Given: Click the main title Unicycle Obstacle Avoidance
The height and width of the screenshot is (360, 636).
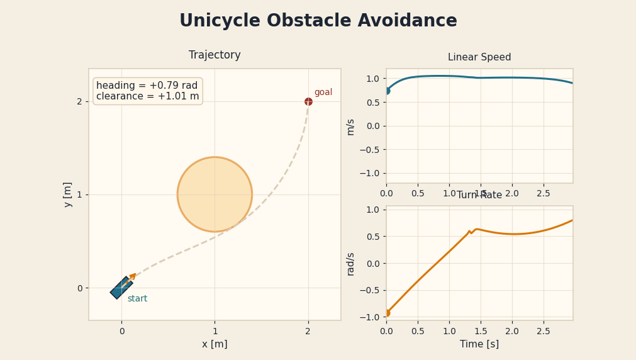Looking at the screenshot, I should point(318,21).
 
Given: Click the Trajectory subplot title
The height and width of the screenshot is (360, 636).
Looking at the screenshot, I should point(215,55).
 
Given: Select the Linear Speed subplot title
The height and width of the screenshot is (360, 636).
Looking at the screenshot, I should point(479,57).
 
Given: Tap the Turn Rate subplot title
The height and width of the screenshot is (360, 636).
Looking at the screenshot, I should point(479,195).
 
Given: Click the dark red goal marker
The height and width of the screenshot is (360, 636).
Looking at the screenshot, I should point(308,101).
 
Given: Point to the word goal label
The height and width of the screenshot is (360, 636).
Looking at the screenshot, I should point(323,93).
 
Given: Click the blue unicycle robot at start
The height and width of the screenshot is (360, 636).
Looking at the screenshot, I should point(121,288).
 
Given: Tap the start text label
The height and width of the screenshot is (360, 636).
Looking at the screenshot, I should point(137,299).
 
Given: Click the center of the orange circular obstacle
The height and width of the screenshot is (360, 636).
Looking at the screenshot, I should point(215,194).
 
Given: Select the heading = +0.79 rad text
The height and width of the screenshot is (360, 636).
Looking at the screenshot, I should point(147,86).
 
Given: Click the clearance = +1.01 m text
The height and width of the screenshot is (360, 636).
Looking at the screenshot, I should point(147,96).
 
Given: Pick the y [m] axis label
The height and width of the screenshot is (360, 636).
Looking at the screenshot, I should point(68,194).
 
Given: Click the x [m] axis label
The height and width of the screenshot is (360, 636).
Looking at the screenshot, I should point(215,344).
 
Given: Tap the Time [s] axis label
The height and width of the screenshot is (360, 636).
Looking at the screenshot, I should point(479,344).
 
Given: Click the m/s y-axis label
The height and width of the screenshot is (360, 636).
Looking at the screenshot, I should point(350,127).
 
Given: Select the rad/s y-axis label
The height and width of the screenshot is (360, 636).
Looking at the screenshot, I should point(350,264).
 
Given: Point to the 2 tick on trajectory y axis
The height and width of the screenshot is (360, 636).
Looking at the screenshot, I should point(79,101).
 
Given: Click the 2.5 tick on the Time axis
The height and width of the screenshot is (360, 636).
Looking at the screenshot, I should point(544,331).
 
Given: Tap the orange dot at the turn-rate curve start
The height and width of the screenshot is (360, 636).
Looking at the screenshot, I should point(386,313).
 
